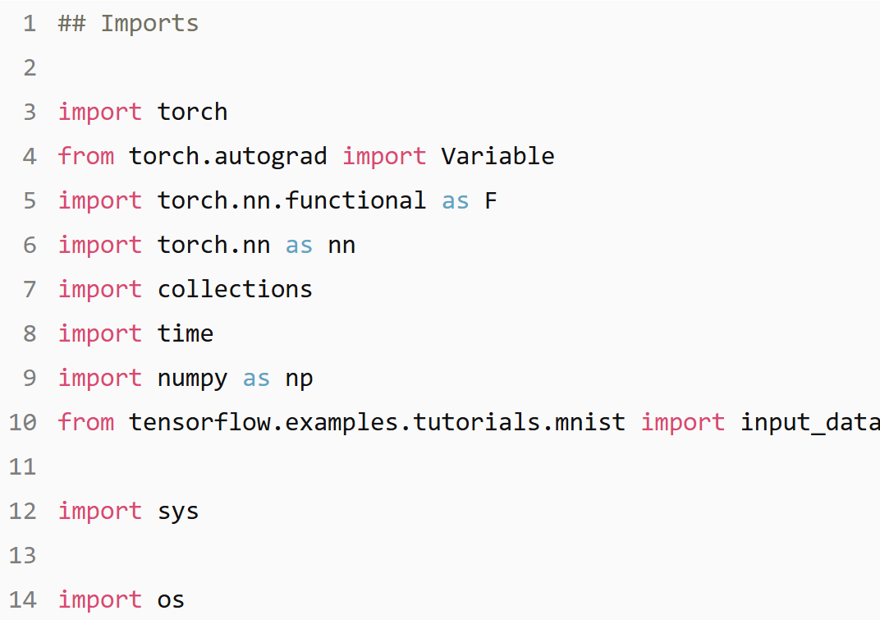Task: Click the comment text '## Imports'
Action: [128, 24]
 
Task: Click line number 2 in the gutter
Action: [30, 68]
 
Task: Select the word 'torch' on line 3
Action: [192, 113]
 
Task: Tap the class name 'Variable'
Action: [497, 157]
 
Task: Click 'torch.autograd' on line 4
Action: [228, 157]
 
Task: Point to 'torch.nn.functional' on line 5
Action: [291, 201]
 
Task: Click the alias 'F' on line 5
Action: [490, 201]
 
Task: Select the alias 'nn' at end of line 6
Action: [341, 246]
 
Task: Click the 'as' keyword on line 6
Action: [299, 246]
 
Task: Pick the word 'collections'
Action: [235, 290]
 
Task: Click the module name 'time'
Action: [186, 334]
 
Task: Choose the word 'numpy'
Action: [192, 379]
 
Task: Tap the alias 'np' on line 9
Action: [299, 379]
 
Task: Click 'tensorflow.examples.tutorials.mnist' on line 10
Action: [377, 423]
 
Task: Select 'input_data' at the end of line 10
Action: [809, 423]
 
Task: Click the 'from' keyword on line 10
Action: [86, 423]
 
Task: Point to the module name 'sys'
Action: [178, 512]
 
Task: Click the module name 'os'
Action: [171, 600]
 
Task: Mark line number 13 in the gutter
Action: [23, 556]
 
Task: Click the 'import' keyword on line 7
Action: [99, 290]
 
